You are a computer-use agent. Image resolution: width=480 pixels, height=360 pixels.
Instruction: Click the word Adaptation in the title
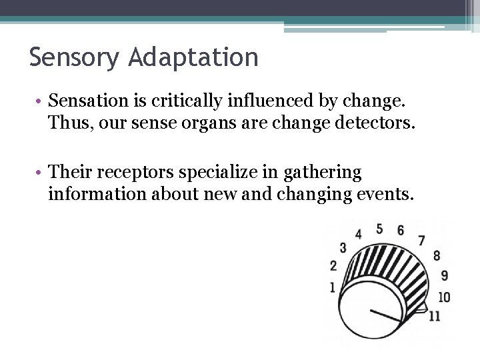pyautogui.click(x=194, y=58)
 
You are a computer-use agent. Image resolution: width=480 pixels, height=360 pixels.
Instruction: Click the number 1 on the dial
pyautogui.click(x=332, y=287)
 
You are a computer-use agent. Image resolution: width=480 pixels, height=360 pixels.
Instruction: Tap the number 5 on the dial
pyautogui.click(x=379, y=229)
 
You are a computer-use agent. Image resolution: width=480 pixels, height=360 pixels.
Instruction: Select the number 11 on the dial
pyautogui.click(x=435, y=315)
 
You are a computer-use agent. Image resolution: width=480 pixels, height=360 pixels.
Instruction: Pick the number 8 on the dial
pyautogui.click(x=437, y=255)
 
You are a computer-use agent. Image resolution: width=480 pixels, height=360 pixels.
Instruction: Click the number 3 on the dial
pyautogui.click(x=343, y=248)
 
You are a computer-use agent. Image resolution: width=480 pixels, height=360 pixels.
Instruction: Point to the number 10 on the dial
pyautogui.click(x=444, y=297)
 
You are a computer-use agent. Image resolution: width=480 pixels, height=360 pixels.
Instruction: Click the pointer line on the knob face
pyautogui.click(x=385, y=315)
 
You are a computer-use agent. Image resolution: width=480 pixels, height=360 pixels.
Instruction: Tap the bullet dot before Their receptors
pyautogui.click(x=40, y=173)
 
